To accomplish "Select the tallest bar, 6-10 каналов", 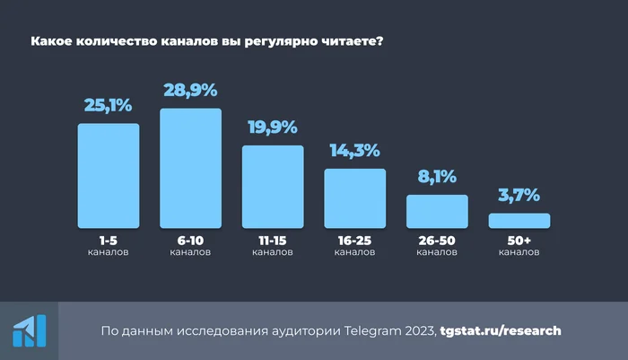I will pos(190,168).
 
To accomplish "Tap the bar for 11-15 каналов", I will pos(273,186).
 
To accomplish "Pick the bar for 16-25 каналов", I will pos(354,198).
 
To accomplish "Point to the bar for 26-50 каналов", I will pos(437,211).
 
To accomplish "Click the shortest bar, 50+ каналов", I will pos(519,220).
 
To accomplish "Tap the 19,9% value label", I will pos(273,128).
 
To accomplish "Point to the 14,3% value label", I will pos(354,151).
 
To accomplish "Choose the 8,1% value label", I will pos(437,177).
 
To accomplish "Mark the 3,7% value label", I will pos(519,196).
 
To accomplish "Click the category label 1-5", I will pos(109,241).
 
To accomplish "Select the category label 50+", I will pos(519,241).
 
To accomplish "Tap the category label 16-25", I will pos(354,241).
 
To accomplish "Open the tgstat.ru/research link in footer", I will pos(501,330).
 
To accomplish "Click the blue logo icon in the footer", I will pos(29,331).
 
